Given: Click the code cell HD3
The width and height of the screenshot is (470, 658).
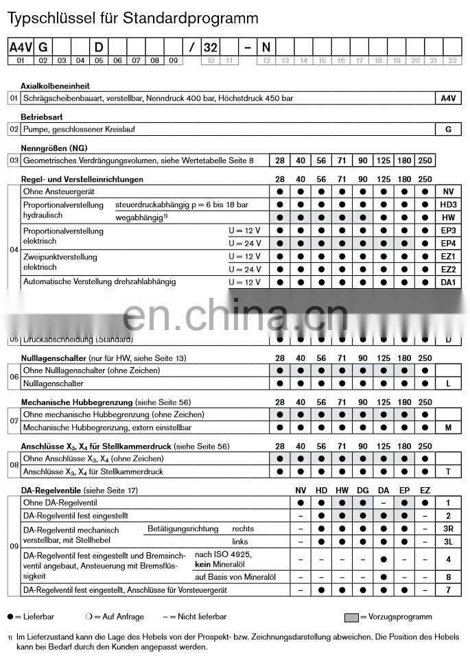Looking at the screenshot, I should (x=448, y=204).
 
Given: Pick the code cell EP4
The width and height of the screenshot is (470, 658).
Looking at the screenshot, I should (x=448, y=244).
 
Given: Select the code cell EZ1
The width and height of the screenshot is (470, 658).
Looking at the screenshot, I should (x=448, y=256).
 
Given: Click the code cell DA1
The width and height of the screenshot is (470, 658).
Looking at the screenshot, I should (x=448, y=282).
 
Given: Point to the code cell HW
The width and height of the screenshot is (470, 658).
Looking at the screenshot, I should (x=448, y=218).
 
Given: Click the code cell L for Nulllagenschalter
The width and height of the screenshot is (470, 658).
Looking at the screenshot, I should (x=448, y=384).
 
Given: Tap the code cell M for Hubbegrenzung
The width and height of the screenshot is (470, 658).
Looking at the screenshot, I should (x=448, y=427).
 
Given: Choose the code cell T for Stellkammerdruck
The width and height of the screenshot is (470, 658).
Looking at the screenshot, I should (x=448, y=471).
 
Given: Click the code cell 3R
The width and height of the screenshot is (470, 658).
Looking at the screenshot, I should (x=448, y=529).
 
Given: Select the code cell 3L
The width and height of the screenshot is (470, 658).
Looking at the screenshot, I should (x=448, y=542).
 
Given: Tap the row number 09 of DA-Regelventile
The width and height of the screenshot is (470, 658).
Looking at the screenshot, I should (x=13, y=546).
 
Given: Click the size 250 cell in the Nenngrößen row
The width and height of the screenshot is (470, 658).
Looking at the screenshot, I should (x=425, y=161).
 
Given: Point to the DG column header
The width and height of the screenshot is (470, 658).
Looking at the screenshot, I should (x=362, y=491).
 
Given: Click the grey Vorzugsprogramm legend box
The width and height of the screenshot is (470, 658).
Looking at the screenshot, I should (x=351, y=617).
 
